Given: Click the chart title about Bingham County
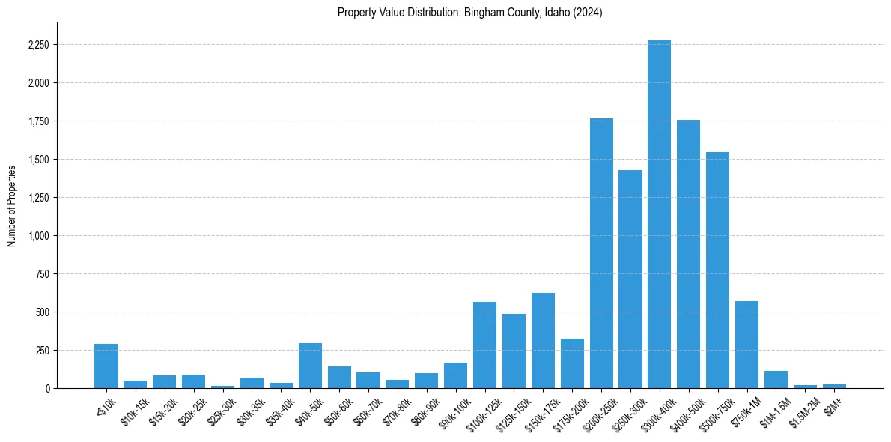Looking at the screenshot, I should [469, 13].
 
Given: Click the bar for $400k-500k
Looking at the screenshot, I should [688, 254].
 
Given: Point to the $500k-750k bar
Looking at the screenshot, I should [717, 270].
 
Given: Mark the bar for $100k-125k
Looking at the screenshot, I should [484, 345].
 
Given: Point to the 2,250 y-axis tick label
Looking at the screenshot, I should [37, 45].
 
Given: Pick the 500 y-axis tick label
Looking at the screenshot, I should [42, 312].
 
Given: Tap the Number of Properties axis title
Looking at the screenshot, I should [12, 205].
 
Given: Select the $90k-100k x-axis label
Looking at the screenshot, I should [451, 411].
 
